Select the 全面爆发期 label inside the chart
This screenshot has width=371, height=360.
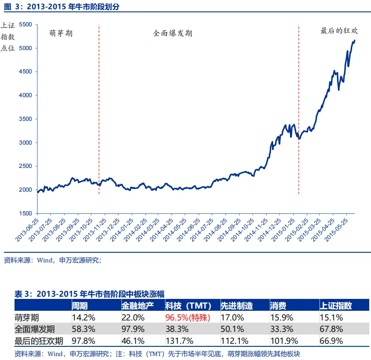click(x=173, y=33)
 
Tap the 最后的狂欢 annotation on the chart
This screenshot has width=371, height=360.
click(x=339, y=31)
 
